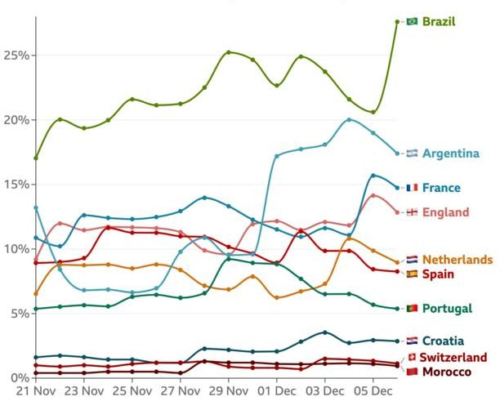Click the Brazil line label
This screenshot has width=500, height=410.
(x=439, y=21)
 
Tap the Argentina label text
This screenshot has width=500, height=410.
(x=451, y=154)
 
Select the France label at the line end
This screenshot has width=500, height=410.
(x=441, y=188)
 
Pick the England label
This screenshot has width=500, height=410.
(x=446, y=212)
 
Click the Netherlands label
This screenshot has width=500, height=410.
(x=457, y=260)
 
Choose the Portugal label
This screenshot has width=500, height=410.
(x=448, y=309)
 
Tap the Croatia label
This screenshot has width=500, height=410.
(x=444, y=341)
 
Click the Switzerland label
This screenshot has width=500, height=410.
(x=453, y=358)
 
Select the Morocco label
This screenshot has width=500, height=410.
(x=445, y=372)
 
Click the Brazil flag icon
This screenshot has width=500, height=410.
(x=412, y=21)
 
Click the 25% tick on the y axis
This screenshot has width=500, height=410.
(x=17, y=56)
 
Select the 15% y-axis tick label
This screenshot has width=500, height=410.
(x=17, y=185)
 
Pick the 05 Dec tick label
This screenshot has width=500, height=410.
(x=373, y=394)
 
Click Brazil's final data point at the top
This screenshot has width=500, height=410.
(x=397, y=22)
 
